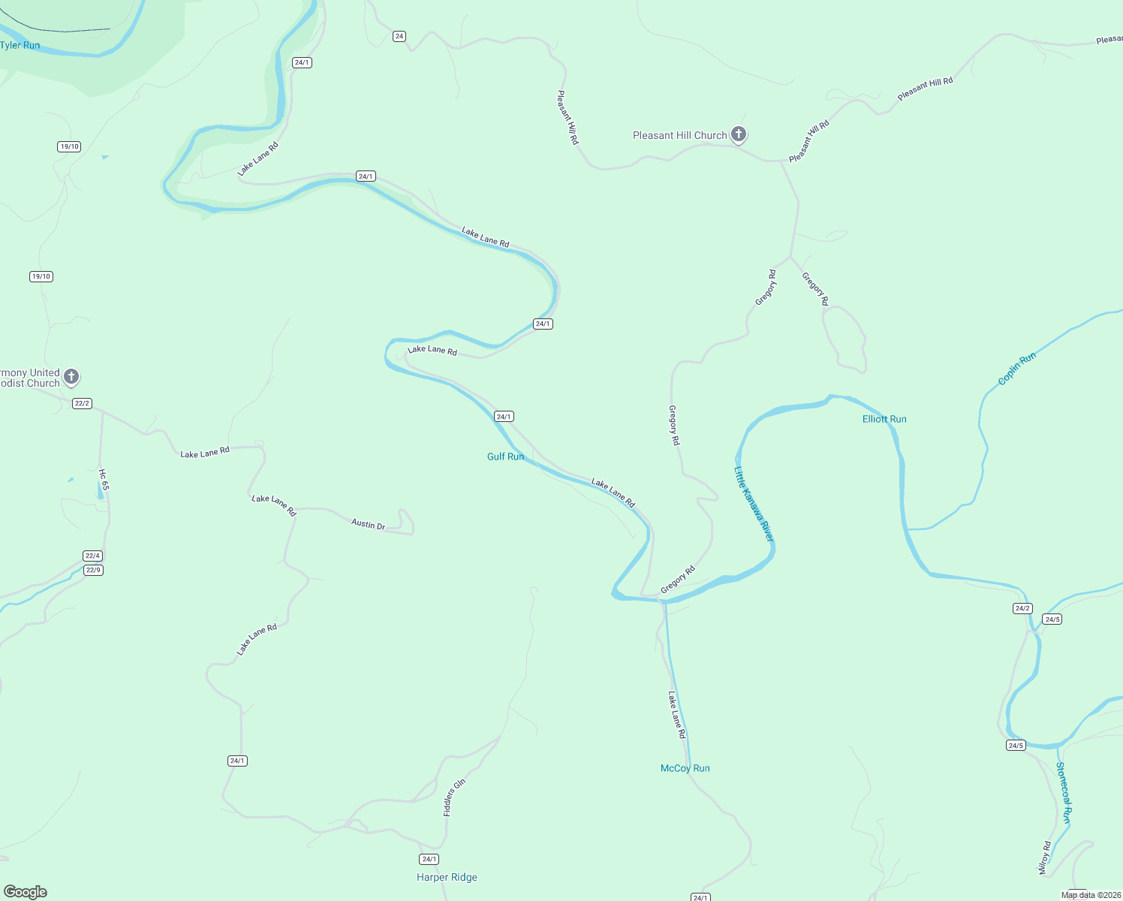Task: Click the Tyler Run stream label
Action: (20, 45)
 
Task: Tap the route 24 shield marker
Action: (399, 36)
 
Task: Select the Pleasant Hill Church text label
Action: (679, 135)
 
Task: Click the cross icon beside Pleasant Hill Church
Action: (739, 134)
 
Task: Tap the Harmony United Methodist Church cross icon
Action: (71, 376)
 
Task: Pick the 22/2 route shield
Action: (82, 403)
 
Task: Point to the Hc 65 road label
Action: (104, 480)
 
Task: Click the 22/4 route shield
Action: (92, 556)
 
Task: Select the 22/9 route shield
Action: (92, 570)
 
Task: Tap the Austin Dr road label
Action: (368, 524)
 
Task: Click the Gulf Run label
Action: (505, 457)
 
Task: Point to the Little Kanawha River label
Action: (753, 504)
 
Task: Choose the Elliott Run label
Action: (884, 419)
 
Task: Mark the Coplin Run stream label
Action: (1016, 369)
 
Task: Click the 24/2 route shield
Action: (1022, 608)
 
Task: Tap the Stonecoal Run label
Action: (1063, 792)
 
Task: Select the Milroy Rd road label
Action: (1044, 857)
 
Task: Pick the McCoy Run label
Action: (685, 768)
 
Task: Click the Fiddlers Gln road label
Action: (454, 797)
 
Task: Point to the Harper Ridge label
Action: (447, 877)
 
